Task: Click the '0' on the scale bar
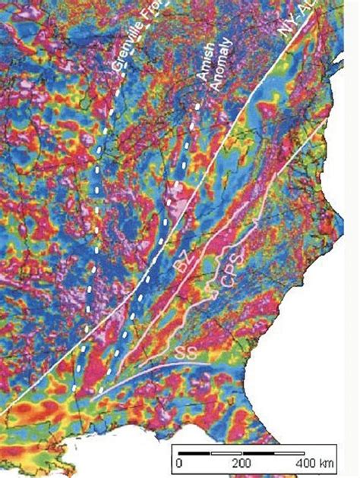(x=180, y=461)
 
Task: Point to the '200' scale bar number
(x=241, y=461)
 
